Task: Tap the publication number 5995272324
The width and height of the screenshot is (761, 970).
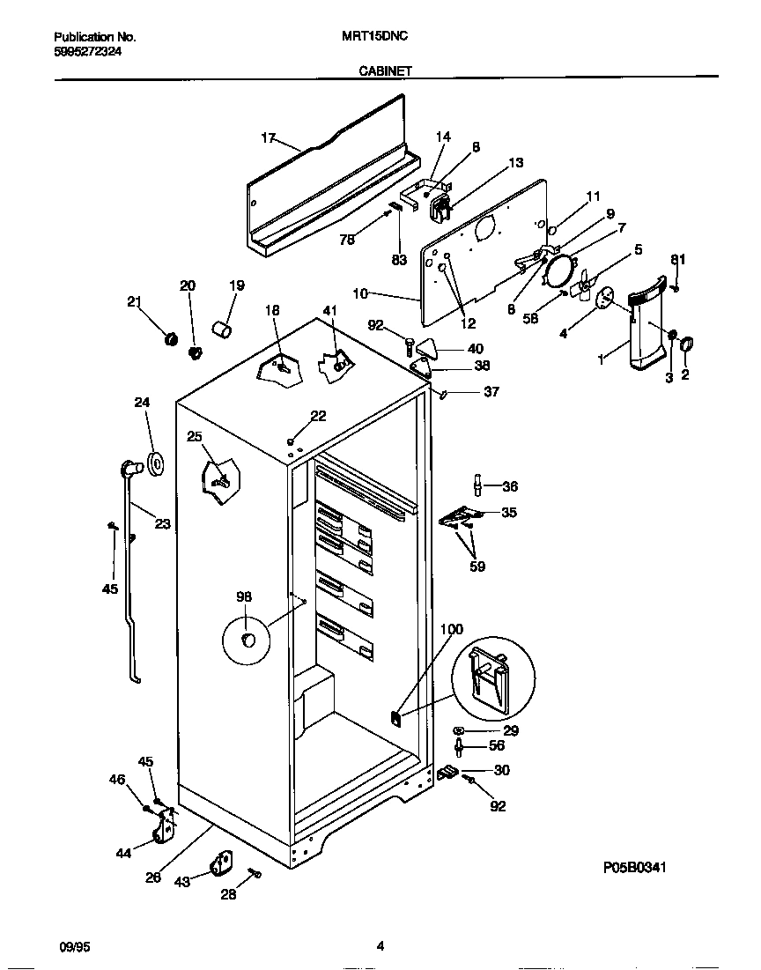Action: pos(88,52)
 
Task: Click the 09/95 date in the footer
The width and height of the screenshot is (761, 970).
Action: pos(72,947)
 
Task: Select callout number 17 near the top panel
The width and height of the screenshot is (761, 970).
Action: pos(269,138)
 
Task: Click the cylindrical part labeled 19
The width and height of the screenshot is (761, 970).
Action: pos(223,330)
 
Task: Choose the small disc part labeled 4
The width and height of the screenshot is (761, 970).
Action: pos(604,298)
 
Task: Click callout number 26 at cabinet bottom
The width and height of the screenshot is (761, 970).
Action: pos(153,877)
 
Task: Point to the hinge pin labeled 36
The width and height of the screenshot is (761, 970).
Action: pos(478,485)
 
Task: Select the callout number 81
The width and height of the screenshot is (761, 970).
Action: pos(676,259)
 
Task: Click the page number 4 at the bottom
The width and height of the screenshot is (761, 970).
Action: pos(380,947)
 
